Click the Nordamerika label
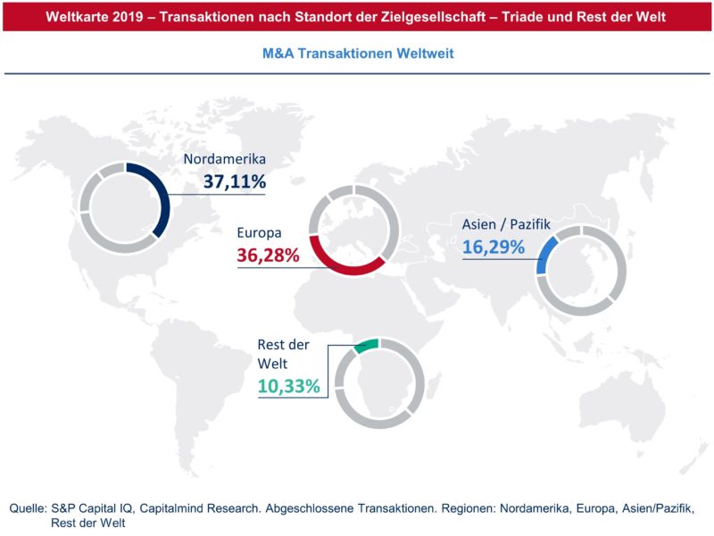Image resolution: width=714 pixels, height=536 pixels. coord(225,160)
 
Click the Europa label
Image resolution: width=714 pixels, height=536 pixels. coord(259,233)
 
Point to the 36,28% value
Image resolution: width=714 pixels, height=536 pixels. coord(268,256)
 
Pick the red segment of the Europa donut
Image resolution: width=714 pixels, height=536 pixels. coord(348,266)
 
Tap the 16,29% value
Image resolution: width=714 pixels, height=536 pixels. coord(493,246)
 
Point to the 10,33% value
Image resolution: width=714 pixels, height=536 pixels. coord(287,387)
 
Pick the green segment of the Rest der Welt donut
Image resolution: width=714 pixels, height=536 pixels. coord(366,346)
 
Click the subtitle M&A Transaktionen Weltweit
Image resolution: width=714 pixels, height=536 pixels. coord(358,54)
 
